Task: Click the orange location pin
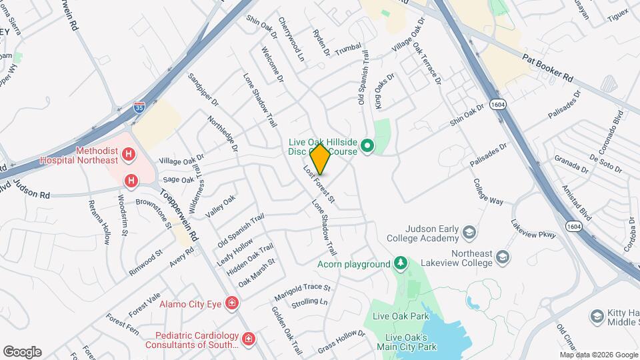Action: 320,159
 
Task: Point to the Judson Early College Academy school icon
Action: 469,233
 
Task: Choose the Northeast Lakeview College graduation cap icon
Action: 503,257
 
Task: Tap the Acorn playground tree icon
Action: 400,264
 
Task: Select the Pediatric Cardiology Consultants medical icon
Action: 249,340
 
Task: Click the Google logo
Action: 22,351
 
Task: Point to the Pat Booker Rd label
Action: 548,68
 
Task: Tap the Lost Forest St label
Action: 319,185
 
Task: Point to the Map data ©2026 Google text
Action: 599,354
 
